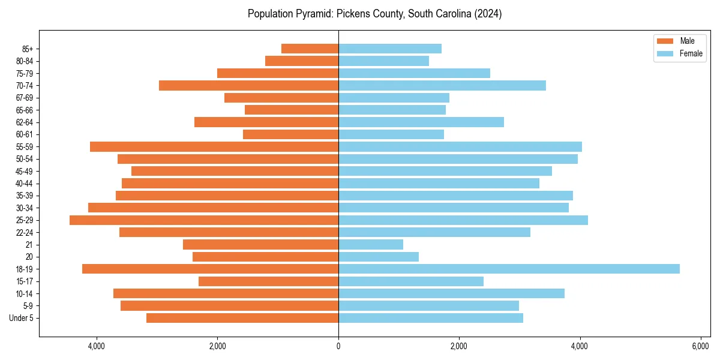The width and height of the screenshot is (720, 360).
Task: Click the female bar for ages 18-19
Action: [509, 269]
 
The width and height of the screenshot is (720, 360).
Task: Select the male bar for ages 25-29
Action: [204, 220]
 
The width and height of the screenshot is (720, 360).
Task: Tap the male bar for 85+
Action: [310, 49]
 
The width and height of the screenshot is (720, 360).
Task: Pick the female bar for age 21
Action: [371, 245]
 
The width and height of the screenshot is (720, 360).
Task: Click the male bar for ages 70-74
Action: [248, 85]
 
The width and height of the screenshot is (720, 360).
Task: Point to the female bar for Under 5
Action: [430, 318]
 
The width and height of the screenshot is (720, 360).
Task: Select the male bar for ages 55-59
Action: [214, 147]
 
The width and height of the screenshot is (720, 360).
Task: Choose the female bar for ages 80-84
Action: [383, 61]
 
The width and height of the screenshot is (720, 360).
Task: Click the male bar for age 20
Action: [265, 257]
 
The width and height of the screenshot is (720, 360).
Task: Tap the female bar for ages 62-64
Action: [421, 122]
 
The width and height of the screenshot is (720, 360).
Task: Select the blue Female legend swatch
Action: [665, 53]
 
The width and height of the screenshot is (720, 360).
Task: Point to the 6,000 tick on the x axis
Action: [700, 346]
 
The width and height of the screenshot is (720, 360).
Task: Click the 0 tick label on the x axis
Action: [338, 346]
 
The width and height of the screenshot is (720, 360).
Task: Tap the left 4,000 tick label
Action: [97, 346]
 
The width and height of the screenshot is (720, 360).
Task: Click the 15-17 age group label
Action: [24, 281]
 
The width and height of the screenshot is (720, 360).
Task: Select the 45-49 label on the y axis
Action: [24, 171]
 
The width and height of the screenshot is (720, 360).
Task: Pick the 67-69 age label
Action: [24, 98]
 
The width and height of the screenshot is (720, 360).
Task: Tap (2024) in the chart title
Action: [488, 14]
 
